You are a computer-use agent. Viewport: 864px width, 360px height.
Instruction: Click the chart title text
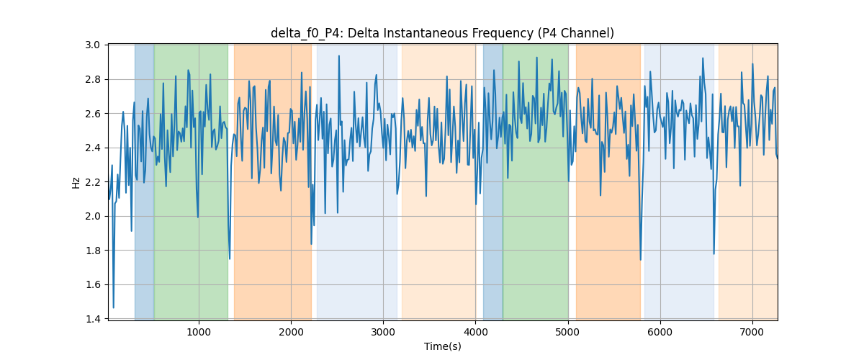pyautogui.click(x=442, y=33)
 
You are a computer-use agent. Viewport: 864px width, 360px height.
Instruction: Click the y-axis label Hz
pyautogui.click(x=76, y=183)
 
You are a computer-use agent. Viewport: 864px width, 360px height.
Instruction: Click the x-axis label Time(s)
pyautogui.click(x=442, y=346)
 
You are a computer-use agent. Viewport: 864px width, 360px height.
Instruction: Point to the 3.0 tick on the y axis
pyautogui.click(x=93, y=45)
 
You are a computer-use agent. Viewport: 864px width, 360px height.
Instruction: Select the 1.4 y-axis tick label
pyautogui.click(x=93, y=319)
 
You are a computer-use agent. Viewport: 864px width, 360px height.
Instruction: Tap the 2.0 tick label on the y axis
pyautogui.click(x=93, y=216)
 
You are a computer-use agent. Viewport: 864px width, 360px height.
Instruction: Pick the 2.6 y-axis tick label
pyautogui.click(x=93, y=114)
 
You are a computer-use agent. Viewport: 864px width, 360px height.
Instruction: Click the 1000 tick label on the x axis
pyautogui.click(x=199, y=332)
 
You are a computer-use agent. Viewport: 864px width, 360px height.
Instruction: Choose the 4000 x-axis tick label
pyautogui.click(x=476, y=332)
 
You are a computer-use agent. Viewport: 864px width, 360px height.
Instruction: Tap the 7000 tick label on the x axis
pyautogui.click(x=752, y=332)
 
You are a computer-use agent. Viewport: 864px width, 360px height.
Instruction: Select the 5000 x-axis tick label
pyautogui.click(x=568, y=332)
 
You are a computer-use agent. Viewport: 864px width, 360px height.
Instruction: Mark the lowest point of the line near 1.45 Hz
pyautogui.click(x=114, y=307)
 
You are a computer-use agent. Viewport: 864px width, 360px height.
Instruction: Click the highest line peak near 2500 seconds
pyautogui.click(x=339, y=56)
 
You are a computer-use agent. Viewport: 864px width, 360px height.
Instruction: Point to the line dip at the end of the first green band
pyautogui.click(x=230, y=258)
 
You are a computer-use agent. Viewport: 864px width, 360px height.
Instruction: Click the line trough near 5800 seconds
pyautogui.click(x=641, y=260)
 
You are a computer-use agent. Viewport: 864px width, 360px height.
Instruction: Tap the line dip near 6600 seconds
pyautogui.click(x=714, y=254)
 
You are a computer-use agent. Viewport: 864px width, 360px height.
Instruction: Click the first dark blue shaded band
pyautogui.click(x=144, y=182)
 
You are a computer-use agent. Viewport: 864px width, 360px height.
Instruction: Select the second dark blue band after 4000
pyautogui.click(x=493, y=182)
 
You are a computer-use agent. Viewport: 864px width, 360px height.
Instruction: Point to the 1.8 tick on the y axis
pyautogui.click(x=93, y=251)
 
